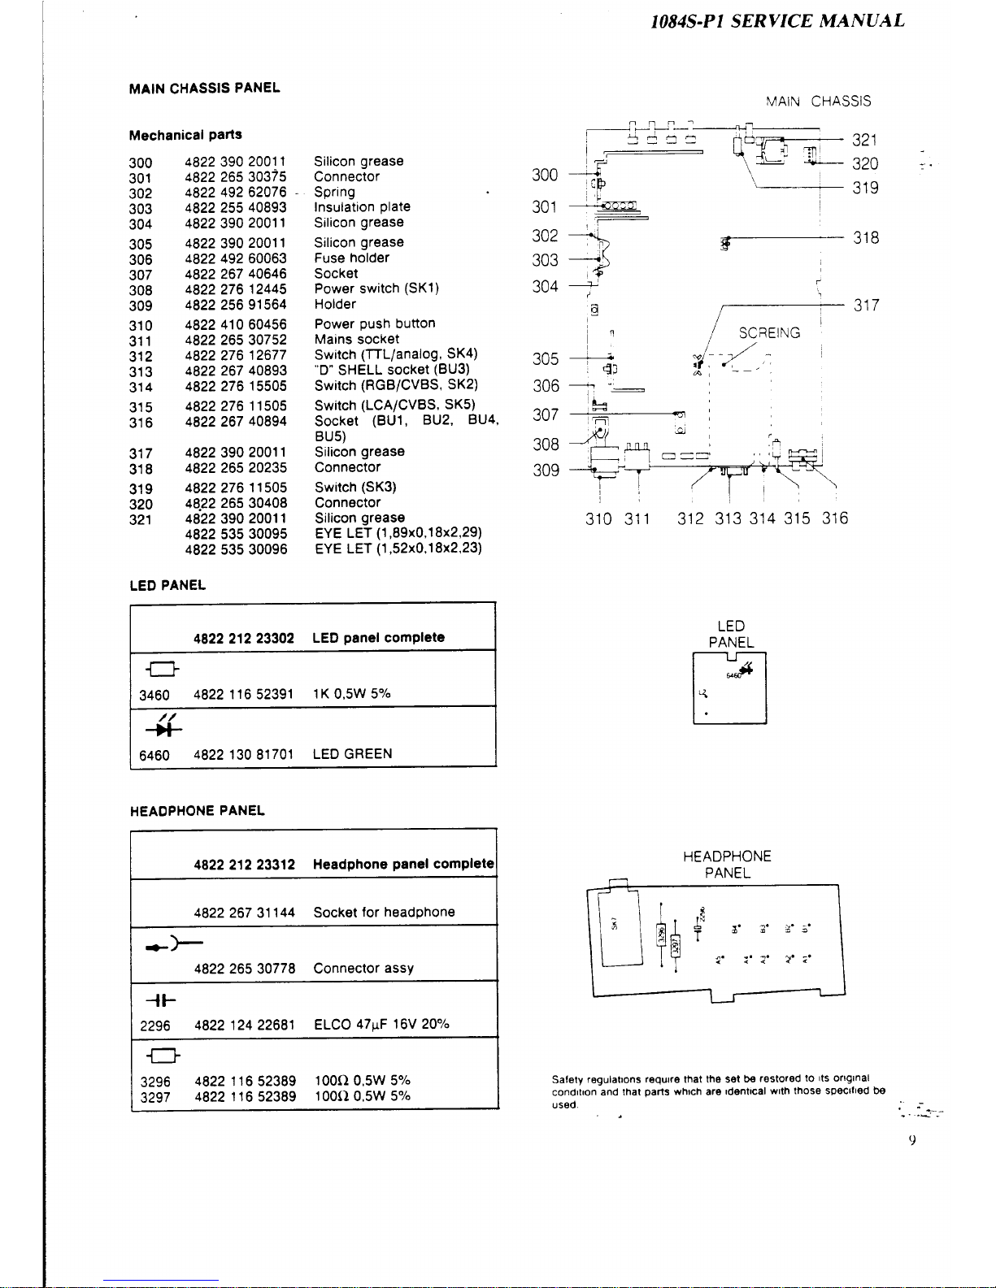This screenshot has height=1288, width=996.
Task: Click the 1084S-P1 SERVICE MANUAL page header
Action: [x=777, y=21]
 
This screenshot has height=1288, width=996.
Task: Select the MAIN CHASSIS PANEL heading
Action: [x=204, y=88]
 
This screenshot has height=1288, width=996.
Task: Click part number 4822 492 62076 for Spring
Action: [x=236, y=193]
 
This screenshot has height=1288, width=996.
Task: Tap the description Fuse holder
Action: [x=351, y=258]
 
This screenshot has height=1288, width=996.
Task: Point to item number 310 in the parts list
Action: [x=141, y=325]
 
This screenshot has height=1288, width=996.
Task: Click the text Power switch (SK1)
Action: [x=376, y=288]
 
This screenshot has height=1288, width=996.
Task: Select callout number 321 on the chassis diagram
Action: [x=865, y=141]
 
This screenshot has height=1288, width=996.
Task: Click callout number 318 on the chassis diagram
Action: [x=866, y=238]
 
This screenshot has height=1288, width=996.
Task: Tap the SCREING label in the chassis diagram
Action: [x=769, y=333]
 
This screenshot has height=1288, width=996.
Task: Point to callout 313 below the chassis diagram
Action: [x=728, y=518]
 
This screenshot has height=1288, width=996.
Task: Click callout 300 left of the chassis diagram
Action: [x=545, y=175]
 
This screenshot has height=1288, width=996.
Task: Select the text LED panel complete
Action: [x=378, y=637]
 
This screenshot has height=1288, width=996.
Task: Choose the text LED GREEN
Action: [x=352, y=754]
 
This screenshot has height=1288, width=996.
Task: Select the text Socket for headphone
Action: [x=384, y=912]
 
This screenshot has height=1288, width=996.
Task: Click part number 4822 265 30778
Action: [x=244, y=969]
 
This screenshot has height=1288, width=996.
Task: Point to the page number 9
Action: [x=912, y=1141]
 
